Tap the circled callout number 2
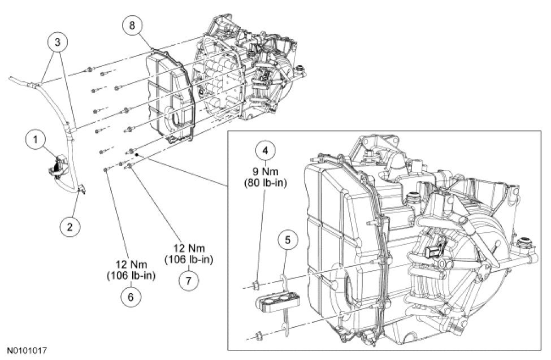tap(70, 227)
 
